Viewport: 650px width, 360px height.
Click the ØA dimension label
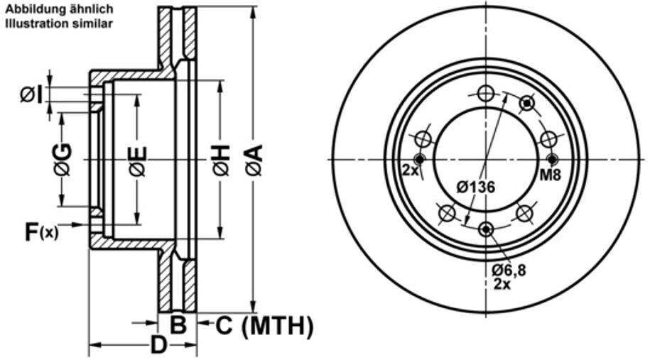tap(254, 160)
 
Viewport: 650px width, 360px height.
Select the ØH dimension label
tap(221, 160)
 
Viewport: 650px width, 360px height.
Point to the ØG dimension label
tap(63, 159)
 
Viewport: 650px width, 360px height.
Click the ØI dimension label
tap(32, 94)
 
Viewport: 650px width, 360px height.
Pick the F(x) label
tap(42, 231)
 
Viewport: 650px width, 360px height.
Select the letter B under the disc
tap(178, 326)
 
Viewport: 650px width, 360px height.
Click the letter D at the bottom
tap(159, 346)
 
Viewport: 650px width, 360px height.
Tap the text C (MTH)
tap(264, 327)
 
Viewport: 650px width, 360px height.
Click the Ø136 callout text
tap(475, 187)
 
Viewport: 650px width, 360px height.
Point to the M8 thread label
tap(551, 175)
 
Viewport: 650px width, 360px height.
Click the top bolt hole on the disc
tap(485, 93)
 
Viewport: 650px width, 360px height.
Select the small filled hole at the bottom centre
tap(486, 229)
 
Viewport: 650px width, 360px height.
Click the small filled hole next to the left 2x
tap(419, 158)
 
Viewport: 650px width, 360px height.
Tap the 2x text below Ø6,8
tap(501, 283)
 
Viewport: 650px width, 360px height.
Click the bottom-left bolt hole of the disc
tap(447, 213)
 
